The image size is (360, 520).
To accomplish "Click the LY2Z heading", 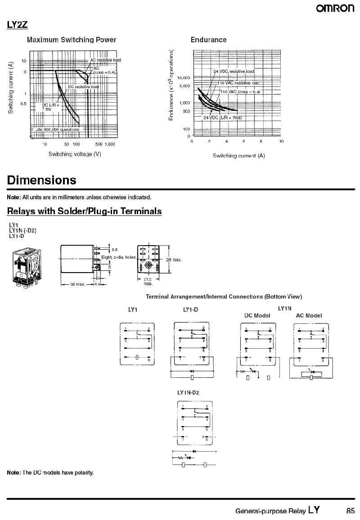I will coord(17,25).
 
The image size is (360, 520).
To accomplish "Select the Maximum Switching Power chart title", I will coord(72,40).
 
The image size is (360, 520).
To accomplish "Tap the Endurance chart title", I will coord(208,40).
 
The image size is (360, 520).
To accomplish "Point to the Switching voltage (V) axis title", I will coord(75,154).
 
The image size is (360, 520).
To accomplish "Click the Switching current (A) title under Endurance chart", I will coord(238,156).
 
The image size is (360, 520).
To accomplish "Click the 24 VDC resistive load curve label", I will coord(234,71).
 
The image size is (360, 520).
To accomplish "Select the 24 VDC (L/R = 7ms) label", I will coord(223,117).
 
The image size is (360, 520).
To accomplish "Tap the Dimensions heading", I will coord(41,180).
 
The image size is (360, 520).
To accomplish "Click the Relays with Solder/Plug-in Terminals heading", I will coord(84,211).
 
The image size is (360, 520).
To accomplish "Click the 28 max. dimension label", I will coord(174,260).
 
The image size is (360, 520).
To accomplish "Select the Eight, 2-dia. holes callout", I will coord(118,257).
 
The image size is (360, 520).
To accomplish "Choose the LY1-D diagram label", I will coord(190,309).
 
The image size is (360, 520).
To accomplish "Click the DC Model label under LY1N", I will coord(257,315).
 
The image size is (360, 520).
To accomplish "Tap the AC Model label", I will coord(309,315).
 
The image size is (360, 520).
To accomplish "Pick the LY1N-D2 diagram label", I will coord(188,393).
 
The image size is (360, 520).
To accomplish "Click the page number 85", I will coord(351,511).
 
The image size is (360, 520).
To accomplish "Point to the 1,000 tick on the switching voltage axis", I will coord(110,144).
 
